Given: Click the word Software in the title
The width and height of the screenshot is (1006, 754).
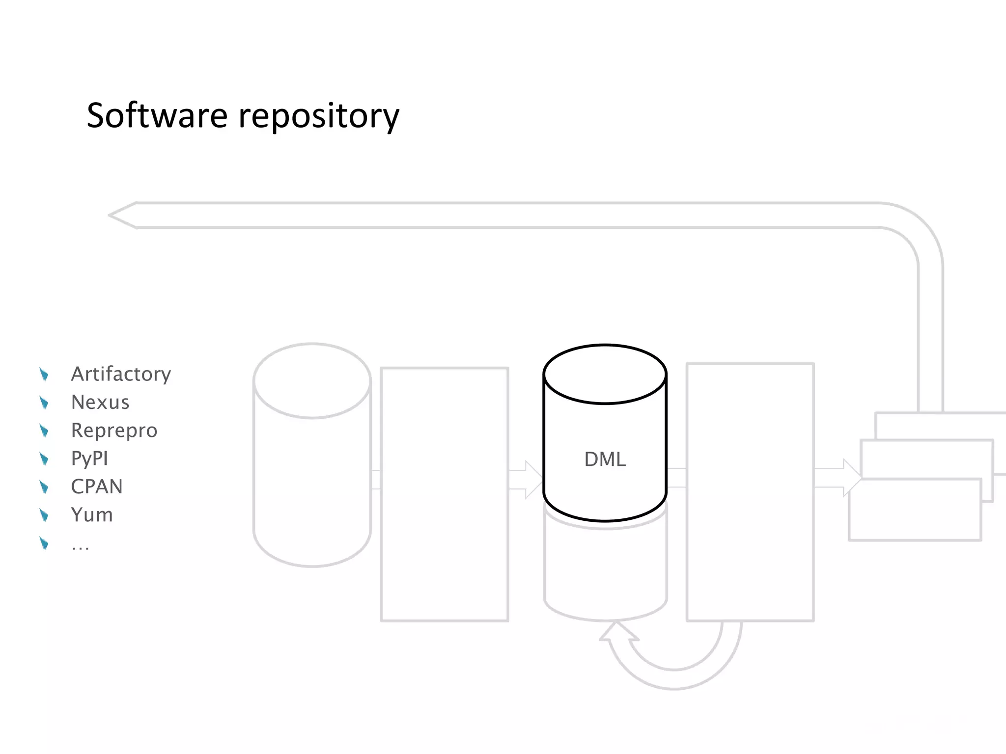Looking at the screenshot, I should [157, 116].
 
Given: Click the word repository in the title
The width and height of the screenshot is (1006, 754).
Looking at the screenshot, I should [319, 117].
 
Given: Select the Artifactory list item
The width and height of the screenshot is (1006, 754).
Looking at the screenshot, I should [121, 374].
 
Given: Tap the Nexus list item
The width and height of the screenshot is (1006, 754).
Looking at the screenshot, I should [100, 402].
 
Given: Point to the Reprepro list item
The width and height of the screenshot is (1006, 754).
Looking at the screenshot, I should [114, 431].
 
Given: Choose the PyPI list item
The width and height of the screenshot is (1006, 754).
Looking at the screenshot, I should [89, 458].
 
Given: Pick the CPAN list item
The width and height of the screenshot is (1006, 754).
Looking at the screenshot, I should [97, 486].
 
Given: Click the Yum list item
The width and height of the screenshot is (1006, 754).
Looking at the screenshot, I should [92, 515].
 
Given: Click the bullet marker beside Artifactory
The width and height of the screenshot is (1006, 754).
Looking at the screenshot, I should [44, 375].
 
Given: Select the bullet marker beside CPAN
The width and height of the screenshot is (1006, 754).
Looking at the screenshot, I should [44, 487].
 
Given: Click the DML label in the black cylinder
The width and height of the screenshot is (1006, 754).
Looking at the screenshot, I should [605, 459].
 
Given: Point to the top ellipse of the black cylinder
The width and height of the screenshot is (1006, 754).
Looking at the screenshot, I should [605, 375].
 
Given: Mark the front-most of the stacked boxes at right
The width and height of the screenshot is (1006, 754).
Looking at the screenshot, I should [915, 511].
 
